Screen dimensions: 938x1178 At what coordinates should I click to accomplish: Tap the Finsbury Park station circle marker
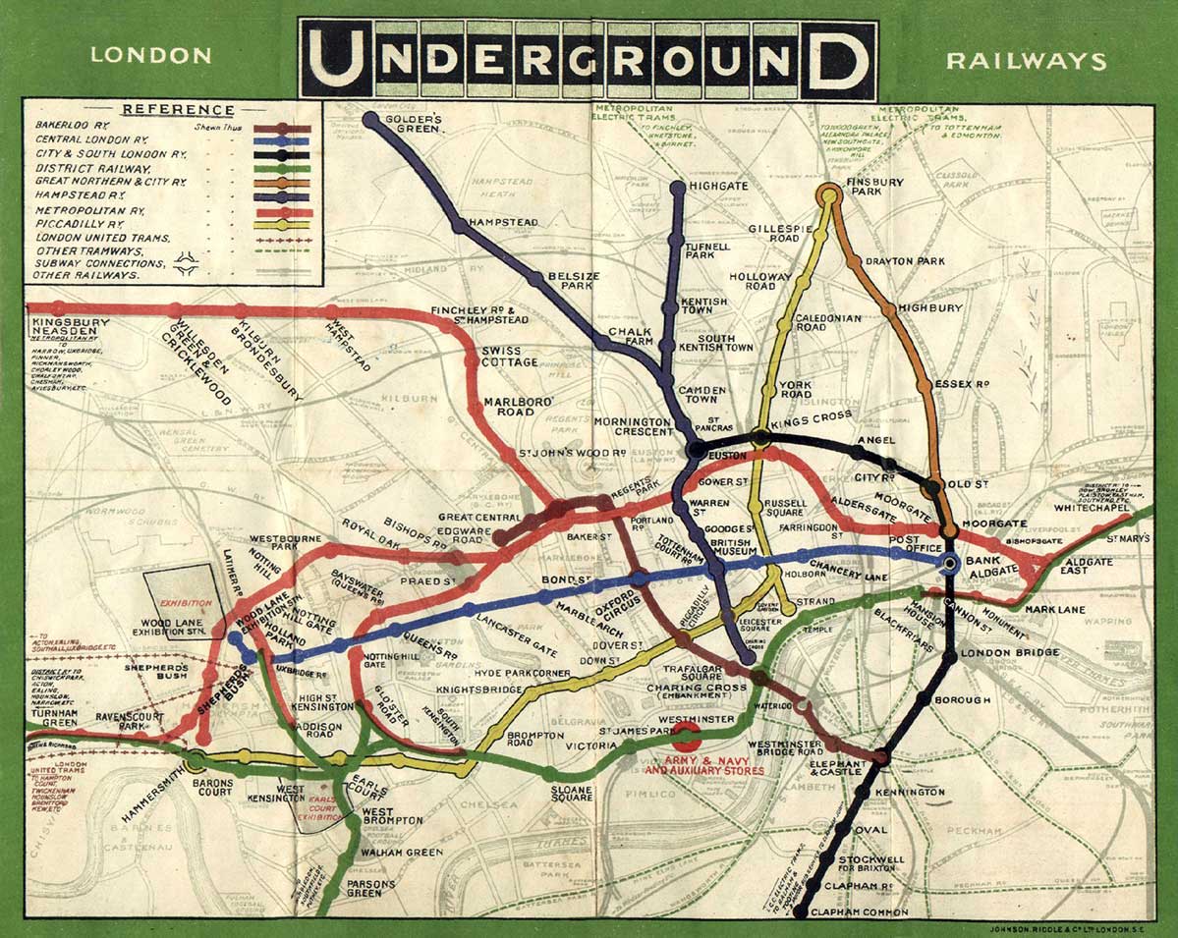tap(829, 193)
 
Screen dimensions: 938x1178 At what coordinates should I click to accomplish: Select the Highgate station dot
tap(678, 187)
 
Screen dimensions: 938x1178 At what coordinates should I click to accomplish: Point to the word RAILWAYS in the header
tap(1026, 61)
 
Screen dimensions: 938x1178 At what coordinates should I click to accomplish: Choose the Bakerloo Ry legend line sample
tap(283, 128)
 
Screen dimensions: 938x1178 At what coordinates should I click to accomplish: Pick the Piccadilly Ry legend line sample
tap(283, 224)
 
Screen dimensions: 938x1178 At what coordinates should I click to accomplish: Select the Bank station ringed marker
tap(950, 564)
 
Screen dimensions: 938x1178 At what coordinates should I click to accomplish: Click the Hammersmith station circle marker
tap(196, 758)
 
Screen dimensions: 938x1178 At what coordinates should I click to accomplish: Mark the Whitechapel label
tap(1088, 509)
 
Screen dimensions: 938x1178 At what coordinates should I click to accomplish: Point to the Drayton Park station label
tap(904, 261)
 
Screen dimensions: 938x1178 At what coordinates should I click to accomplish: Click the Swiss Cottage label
tap(508, 356)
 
